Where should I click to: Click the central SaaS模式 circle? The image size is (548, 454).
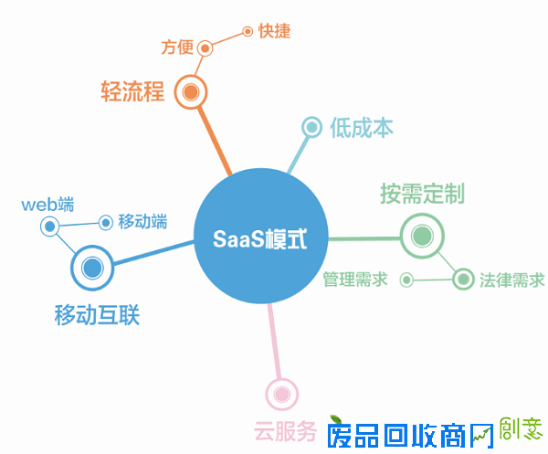point(260,240)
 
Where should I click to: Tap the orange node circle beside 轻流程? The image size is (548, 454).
point(191,91)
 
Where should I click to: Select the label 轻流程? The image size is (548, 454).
point(132,91)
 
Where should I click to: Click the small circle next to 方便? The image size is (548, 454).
point(205,48)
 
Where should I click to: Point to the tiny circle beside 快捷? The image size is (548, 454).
point(247,31)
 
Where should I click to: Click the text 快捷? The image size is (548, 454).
point(274,31)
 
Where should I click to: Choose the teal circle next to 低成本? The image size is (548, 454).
point(311,127)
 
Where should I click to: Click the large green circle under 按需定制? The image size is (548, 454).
point(422,237)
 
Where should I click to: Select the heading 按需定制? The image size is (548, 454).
point(422,194)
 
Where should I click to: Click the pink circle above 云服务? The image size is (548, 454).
point(281,395)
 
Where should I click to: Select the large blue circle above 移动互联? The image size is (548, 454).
point(91,268)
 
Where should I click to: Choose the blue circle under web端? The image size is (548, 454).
point(49,226)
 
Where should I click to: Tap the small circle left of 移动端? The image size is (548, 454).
point(106,222)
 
